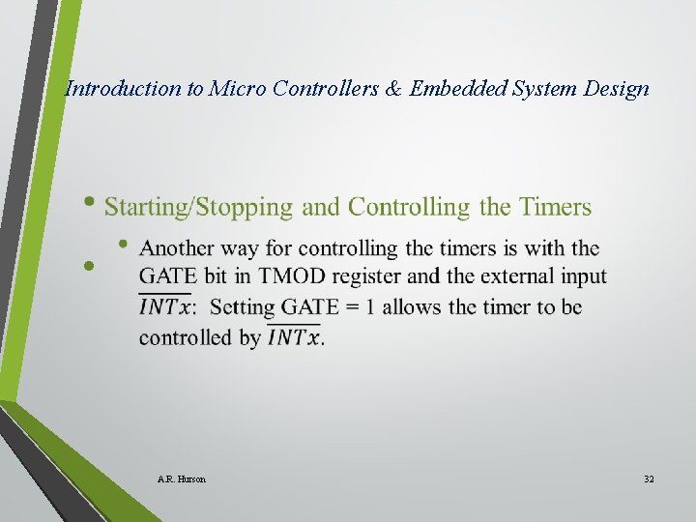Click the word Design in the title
point(618,89)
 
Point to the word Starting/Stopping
point(198,207)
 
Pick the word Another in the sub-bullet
point(177,248)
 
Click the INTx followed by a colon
point(166,307)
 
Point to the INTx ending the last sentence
point(294,337)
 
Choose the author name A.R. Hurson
point(181,479)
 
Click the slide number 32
point(649,479)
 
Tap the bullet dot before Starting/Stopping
point(91,204)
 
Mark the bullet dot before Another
point(123,245)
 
